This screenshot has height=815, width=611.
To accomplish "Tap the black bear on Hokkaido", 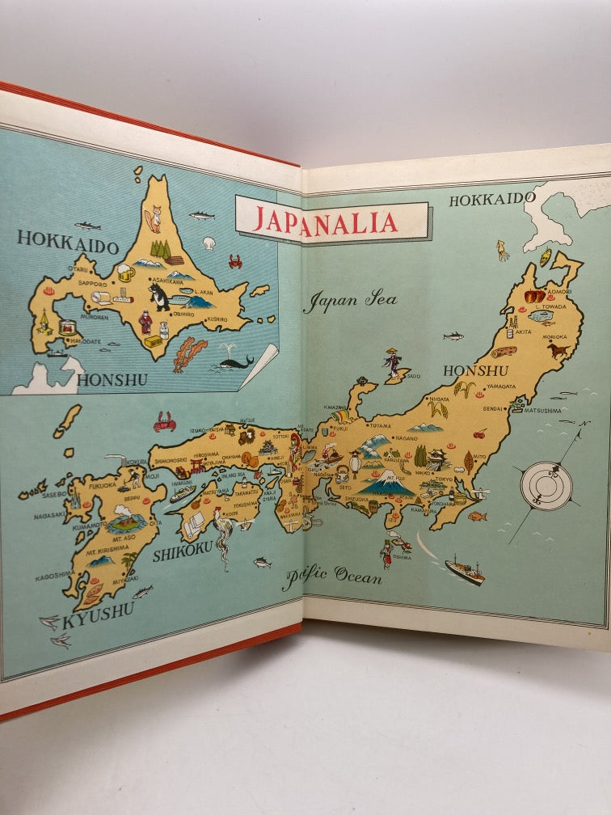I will coord(159,296).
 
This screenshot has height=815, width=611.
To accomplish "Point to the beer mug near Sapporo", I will coord(125,272).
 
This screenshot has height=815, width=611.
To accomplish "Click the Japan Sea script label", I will coord(350,301).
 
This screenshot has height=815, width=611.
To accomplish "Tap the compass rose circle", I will coord(546,485).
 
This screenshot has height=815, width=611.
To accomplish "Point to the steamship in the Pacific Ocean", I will coord(465,570).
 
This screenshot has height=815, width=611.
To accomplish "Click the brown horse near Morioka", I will coord(558,350).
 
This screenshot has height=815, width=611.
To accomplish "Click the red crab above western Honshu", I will coord(165,421).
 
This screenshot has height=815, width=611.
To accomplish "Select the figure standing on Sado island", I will coord(394,362).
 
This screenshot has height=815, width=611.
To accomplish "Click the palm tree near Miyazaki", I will coord(129,561).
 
